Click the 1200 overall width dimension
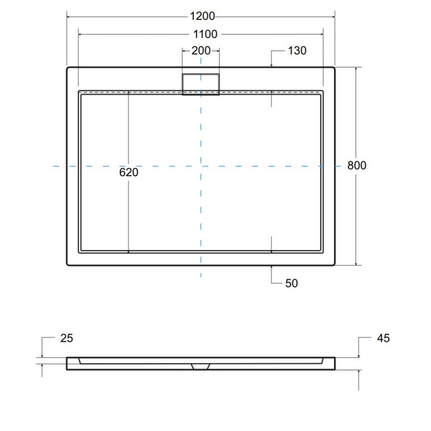tap(201, 16)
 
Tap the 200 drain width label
tap(201, 51)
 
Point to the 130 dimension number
tap(297, 51)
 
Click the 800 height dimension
tap(357, 165)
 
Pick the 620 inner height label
tap(129, 173)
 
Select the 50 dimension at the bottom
tap(291, 283)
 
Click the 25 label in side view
tap(67, 338)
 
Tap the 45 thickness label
tap(383, 338)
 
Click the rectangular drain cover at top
tap(201, 83)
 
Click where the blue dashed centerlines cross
tap(201, 165)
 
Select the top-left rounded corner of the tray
tap(68, 69)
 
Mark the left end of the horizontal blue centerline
tap(54, 165)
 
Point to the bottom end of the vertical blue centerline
tap(201, 277)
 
